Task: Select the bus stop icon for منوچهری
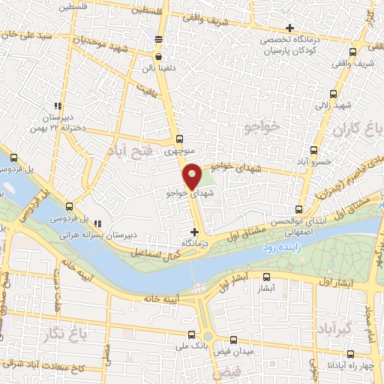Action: pos(178,139)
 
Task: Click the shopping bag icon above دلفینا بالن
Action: pos(158,56)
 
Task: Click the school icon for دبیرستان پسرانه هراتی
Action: pos(98,221)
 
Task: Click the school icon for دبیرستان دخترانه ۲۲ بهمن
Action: pos(57,106)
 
